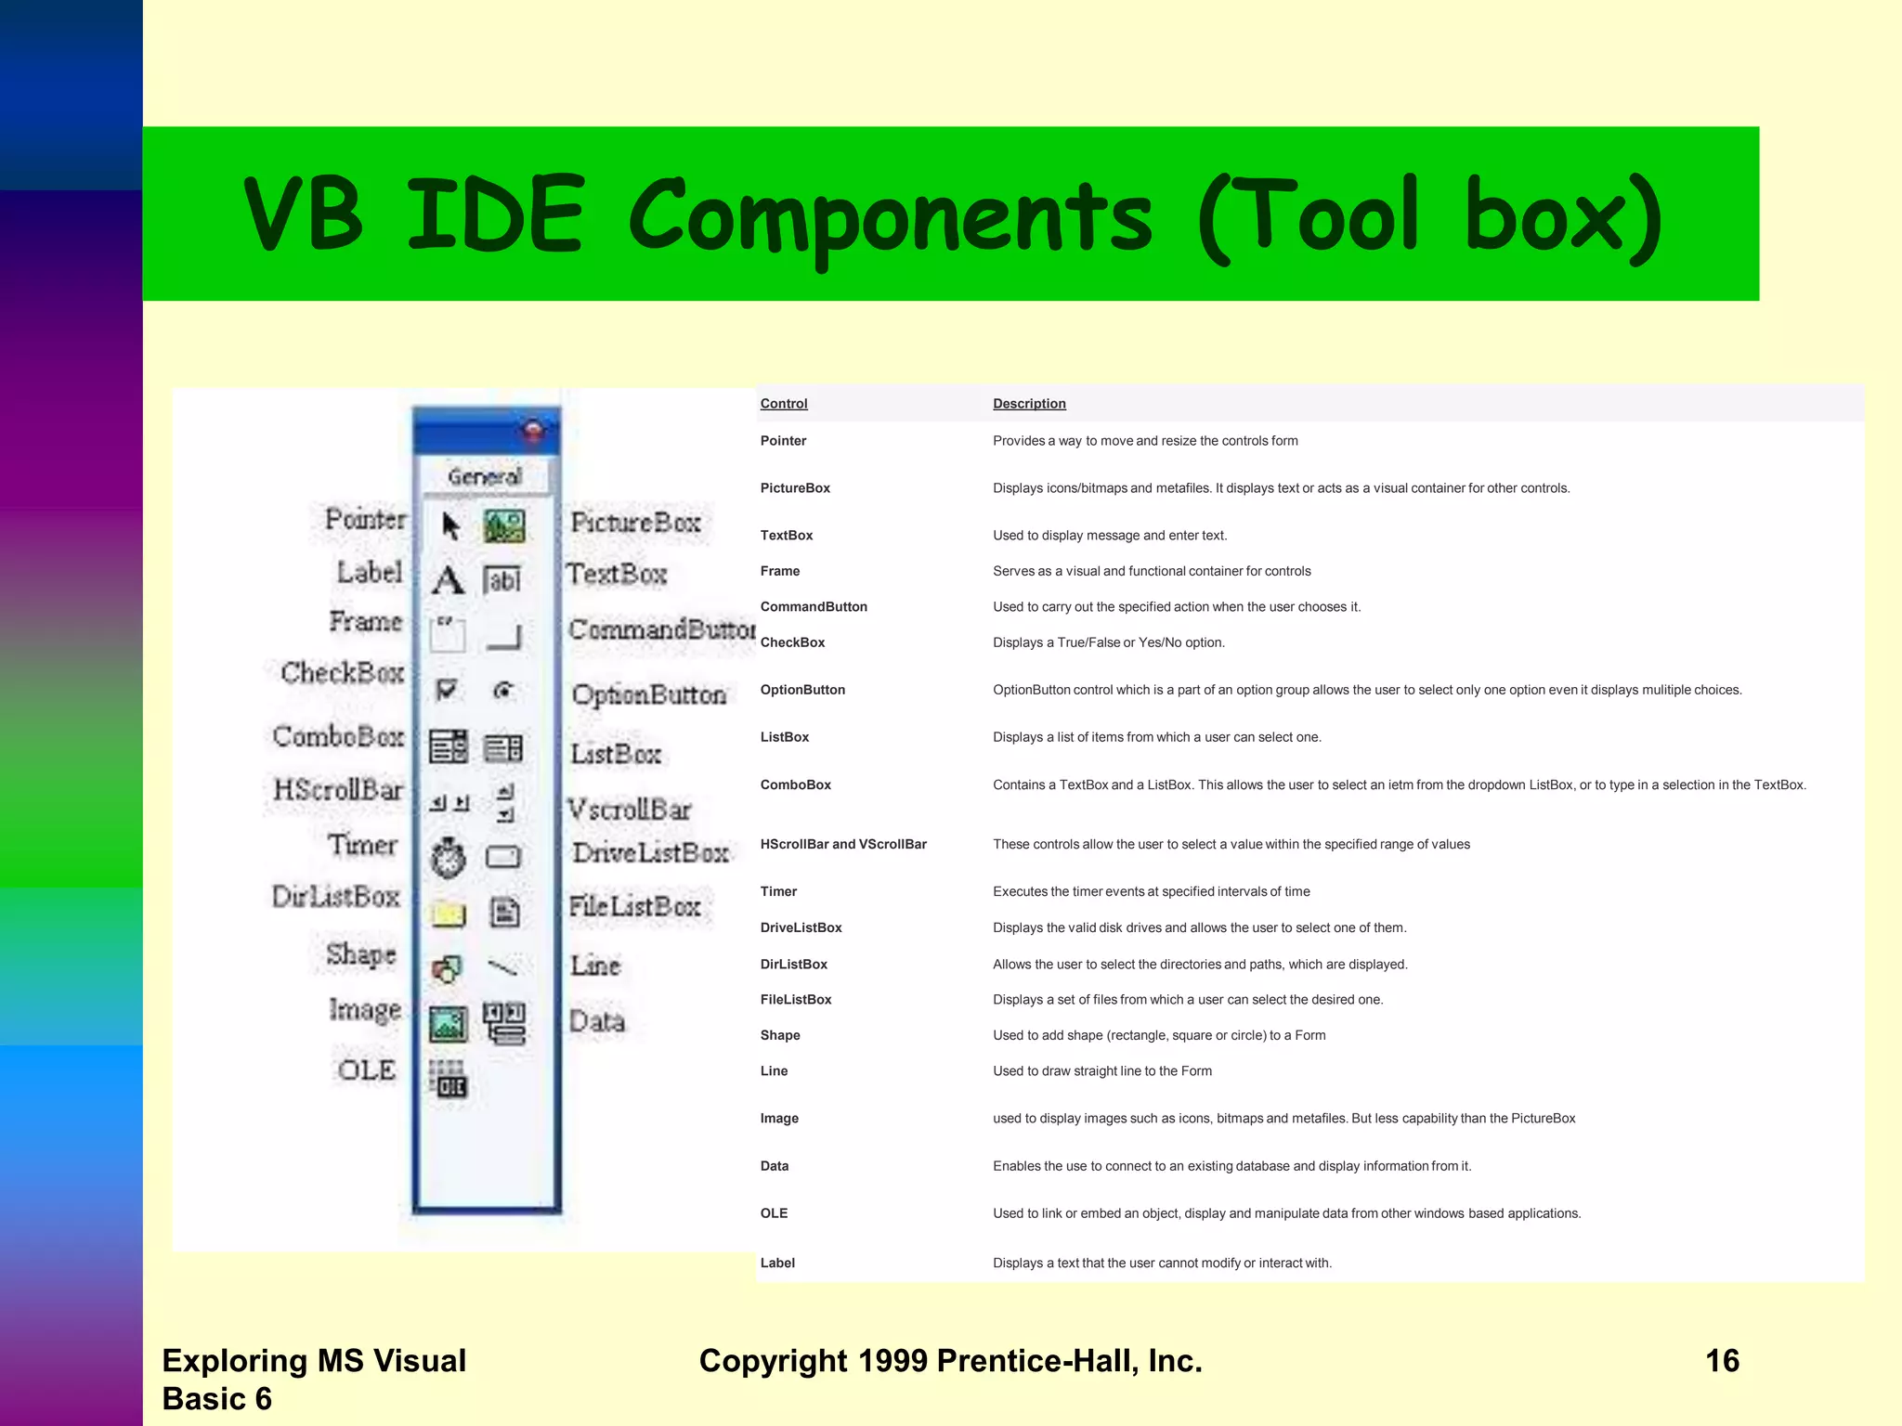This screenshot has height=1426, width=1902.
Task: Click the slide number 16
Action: [x=1722, y=1360]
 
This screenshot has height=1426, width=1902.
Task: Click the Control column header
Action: [x=784, y=404]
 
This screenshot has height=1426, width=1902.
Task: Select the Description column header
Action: [x=1029, y=404]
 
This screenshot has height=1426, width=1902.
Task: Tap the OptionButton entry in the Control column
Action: [x=802, y=690]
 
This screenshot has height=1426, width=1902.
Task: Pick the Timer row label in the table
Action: [x=778, y=891]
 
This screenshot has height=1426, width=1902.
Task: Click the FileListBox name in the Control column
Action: [x=796, y=1000]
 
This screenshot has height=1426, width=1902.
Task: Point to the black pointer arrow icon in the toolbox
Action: [x=450, y=526]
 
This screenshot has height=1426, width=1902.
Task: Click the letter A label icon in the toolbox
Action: [x=448, y=580]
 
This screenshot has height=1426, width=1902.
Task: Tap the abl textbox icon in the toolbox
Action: [x=502, y=580]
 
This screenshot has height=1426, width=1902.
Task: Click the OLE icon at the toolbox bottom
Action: [x=449, y=1079]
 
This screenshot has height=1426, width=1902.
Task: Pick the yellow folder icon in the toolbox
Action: [x=448, y=914]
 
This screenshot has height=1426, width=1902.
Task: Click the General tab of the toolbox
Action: [x=484, y=476]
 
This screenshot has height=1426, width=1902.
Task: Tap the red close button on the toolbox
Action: [x=533, y=430]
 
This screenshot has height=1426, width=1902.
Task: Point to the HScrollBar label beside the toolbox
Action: [x=338, y=790]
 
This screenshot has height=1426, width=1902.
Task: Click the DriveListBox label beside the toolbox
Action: [x=650, y=852]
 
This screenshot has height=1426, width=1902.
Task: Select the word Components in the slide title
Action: [x=890, y=216]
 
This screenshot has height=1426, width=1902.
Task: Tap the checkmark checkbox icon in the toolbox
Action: [x=447, y=690]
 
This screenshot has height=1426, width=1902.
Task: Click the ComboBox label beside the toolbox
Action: [x=338, y=736]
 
